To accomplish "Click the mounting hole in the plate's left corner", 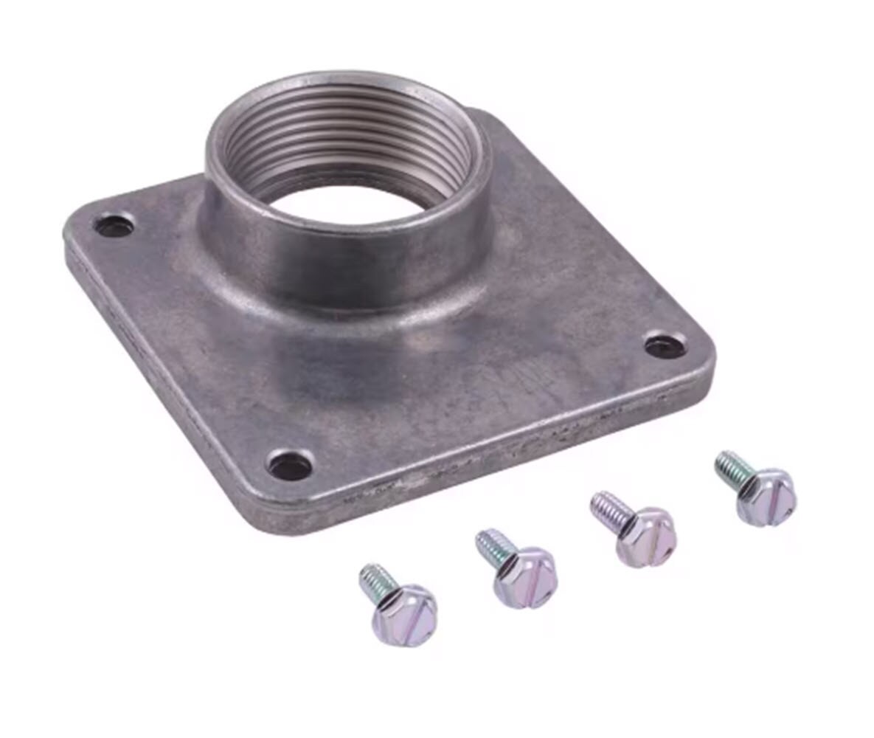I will [x=114, y=225].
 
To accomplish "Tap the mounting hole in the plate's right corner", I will [x=665, y=346].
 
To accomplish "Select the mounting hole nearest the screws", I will [x=291, y=465].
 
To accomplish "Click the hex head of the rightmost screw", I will [x=768, y=496].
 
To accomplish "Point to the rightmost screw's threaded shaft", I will [x=733, y=465].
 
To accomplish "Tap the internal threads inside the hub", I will [x=347, y=140].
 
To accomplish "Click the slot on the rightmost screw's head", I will [x=772, y=493].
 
